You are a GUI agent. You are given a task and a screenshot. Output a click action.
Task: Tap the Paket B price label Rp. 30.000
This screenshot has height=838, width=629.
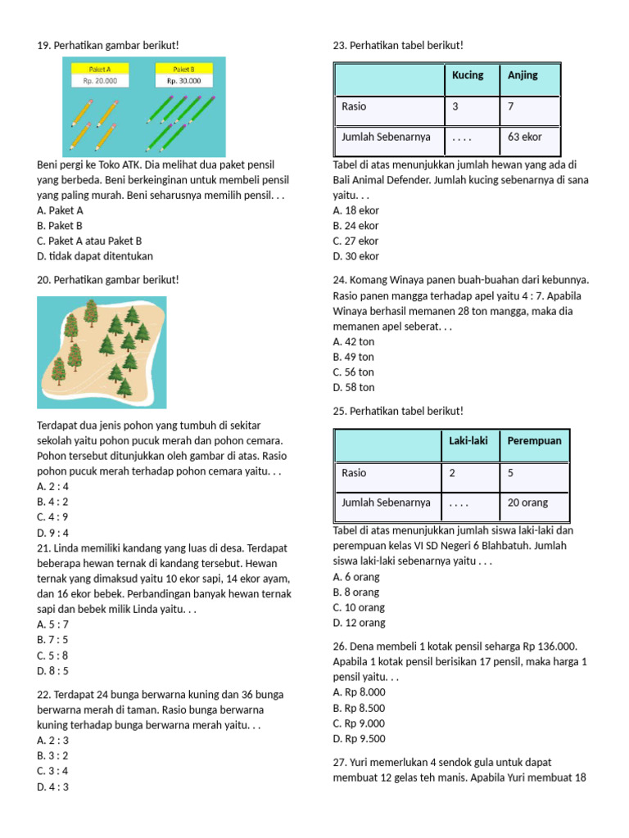pos(183,81)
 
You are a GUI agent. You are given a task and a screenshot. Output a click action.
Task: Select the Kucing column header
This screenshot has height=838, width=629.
pos(468,75)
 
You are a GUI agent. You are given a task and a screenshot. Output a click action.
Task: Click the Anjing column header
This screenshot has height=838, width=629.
pos(523,75)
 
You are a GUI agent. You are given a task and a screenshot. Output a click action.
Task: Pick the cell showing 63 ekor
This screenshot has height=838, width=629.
pos(524,137)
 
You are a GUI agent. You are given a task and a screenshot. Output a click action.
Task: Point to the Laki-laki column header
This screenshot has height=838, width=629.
pos(468,441)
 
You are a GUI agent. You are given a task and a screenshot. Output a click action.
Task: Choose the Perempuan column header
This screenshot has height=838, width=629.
pos(534,441)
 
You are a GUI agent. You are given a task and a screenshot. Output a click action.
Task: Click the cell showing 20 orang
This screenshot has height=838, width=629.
pos(527,502)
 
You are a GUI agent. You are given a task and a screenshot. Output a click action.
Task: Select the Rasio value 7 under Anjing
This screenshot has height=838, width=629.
pos(511,106)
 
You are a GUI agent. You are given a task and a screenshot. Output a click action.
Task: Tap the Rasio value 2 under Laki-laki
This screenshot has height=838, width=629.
pos(451,473)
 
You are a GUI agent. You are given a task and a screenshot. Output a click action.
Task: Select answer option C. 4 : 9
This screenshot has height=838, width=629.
pos(52,517)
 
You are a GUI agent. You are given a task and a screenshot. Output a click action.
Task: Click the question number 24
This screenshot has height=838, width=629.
pos(340,280)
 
